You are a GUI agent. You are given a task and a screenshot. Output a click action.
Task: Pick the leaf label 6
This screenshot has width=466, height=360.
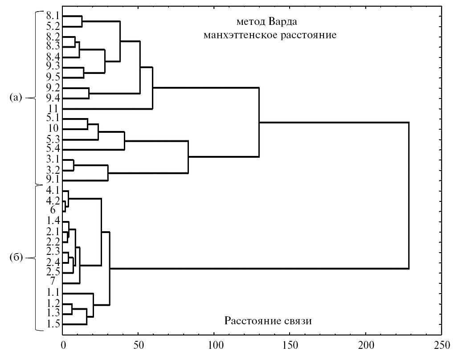coord(53,210)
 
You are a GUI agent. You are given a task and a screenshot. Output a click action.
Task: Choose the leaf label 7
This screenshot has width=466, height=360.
coord(53,282)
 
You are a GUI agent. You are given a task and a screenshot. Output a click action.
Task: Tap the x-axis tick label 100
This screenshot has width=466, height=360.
coord(214,344)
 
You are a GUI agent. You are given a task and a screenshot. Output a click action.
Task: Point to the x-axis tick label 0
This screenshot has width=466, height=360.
coord(63,344)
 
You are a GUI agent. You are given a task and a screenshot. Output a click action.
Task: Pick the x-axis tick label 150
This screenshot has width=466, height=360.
coord(290,344)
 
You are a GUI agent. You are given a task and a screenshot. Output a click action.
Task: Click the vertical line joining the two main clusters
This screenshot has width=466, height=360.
coord(409,195)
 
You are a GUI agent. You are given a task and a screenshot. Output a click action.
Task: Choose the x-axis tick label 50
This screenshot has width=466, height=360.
coord(138,344)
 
